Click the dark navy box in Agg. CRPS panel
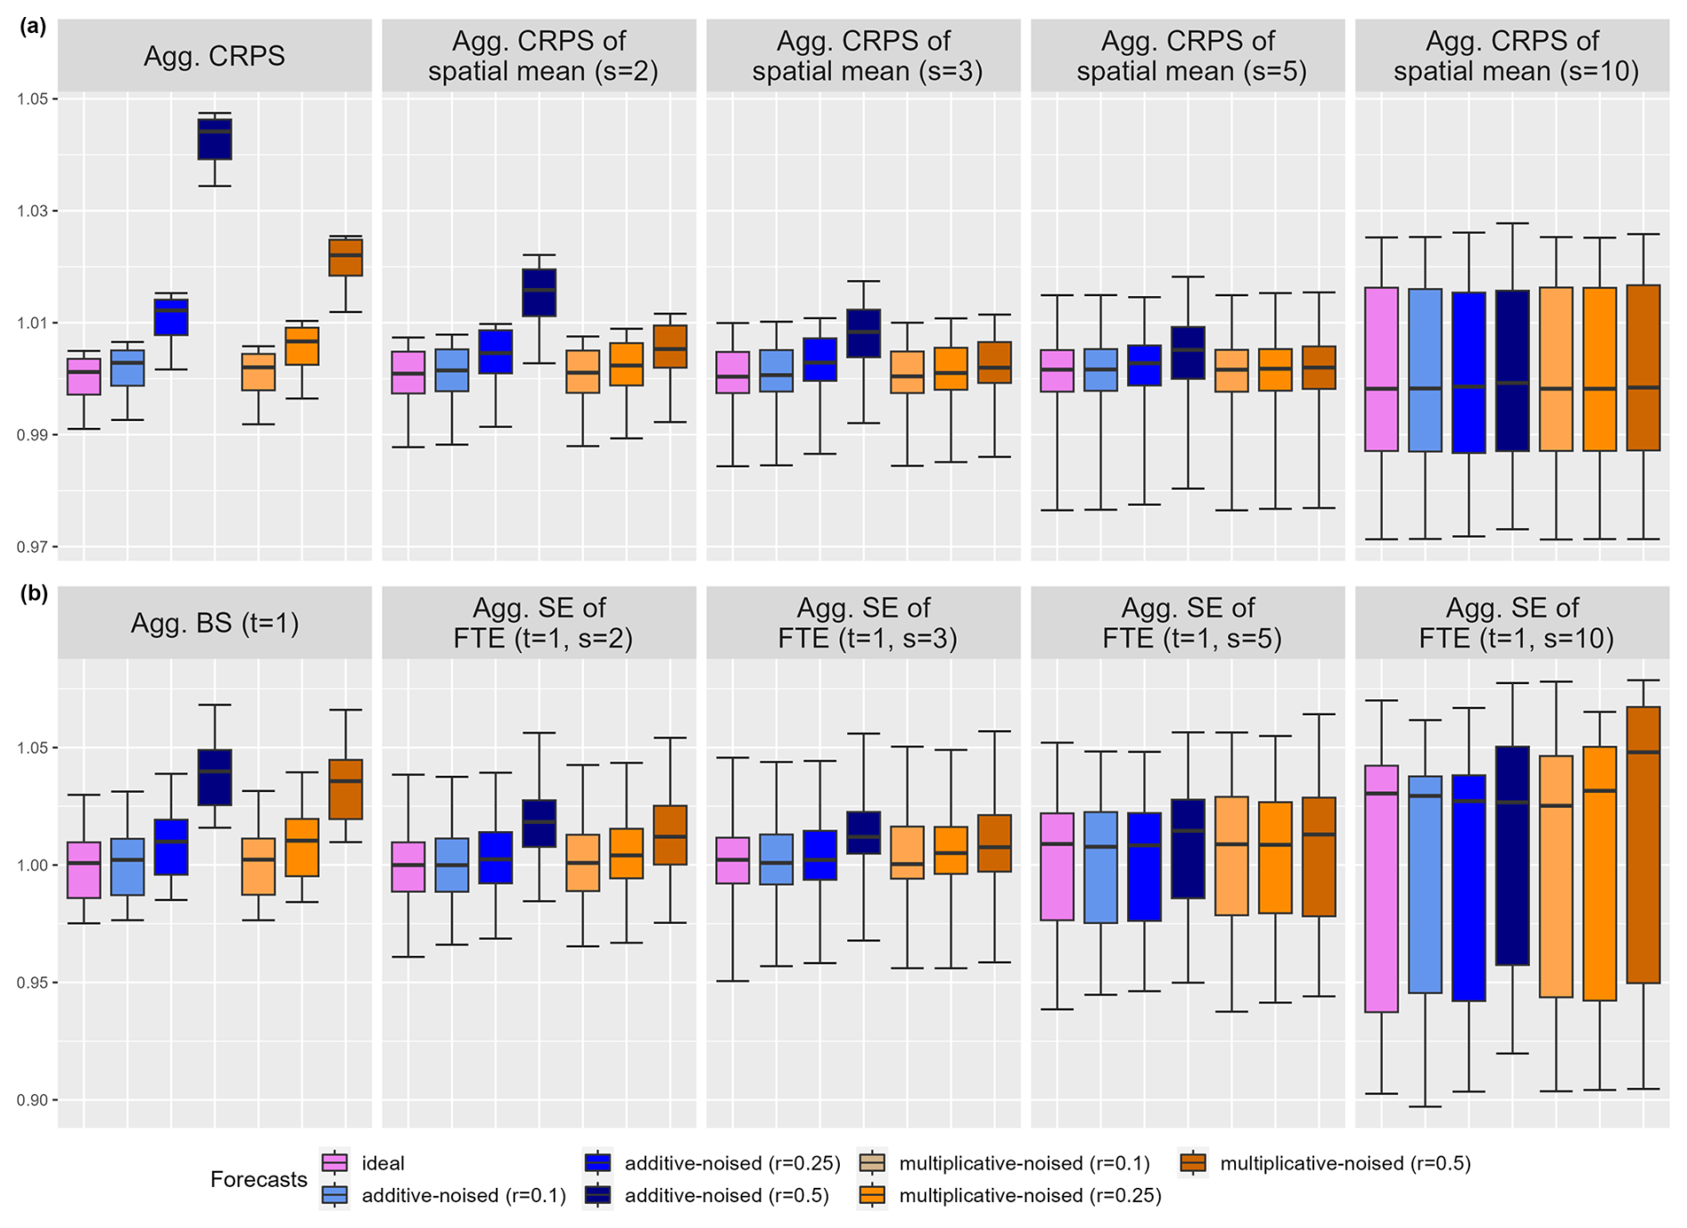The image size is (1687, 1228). [214, 139]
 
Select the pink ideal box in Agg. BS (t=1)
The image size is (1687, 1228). [84, 869]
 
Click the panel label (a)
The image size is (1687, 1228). [33, 27]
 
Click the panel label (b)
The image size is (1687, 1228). [33, 594]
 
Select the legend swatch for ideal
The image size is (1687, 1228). [334, 1163]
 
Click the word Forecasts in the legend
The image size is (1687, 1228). [259, 1179]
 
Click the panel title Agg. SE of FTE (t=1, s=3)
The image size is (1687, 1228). [863, 622]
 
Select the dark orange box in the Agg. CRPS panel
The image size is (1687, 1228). [345, 257]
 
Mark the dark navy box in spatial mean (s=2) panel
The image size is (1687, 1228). [539, 292]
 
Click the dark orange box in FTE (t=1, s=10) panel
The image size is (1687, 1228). [1643, 844]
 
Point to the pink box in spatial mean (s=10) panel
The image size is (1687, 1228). [1381, 368]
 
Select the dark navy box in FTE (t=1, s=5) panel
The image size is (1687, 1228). [1187, 848]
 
